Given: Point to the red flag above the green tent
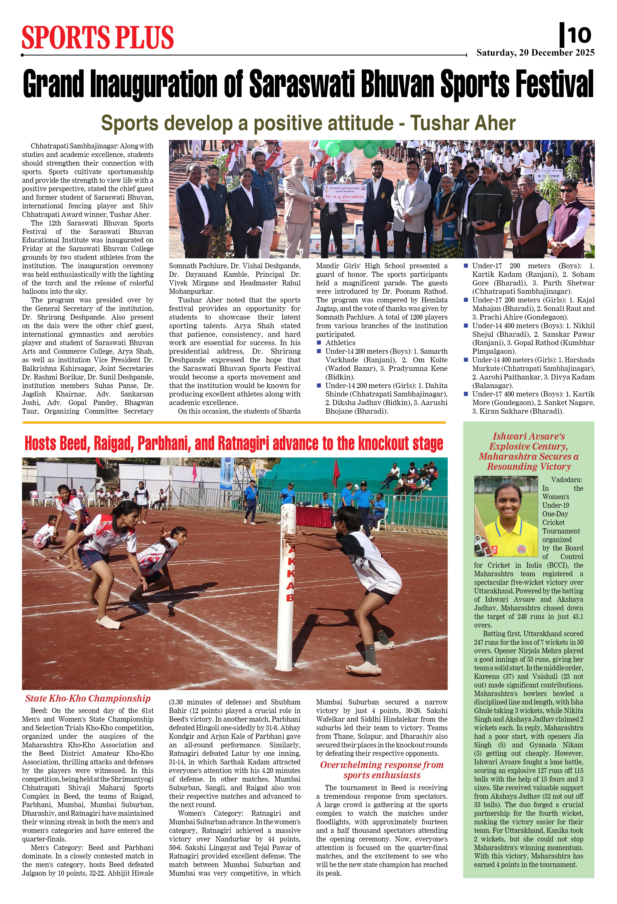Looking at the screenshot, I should coord(337,473).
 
